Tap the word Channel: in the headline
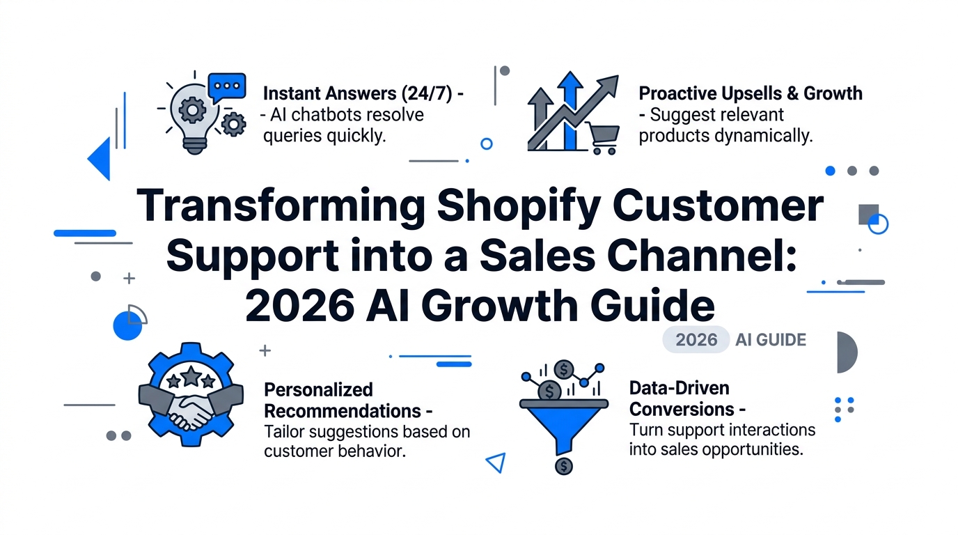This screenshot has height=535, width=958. pos(702,255)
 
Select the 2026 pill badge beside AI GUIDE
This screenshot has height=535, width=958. pos(696,339)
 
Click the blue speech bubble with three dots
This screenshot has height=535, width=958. pos(227,87)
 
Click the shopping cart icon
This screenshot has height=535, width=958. pos(603,138)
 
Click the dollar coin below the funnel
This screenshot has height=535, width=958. pos(564,466)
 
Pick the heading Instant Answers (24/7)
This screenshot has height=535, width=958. pos(358,93)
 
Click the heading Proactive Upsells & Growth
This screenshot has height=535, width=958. pos(751,93)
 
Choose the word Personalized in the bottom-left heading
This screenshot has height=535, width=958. pos(319,390)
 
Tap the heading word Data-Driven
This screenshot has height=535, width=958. pos(680,388)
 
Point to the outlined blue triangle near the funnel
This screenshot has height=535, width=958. pos(497,463)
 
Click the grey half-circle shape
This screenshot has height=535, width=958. pos(847,352)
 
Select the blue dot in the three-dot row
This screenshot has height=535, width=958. pos(830,171)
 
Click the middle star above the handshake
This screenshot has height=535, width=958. pos(191,375)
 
